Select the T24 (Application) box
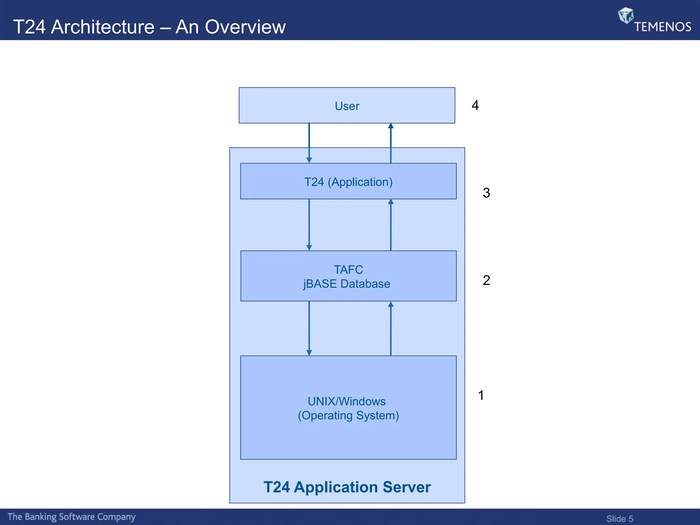[348, 182]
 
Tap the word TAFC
[348, 270]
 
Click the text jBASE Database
[347, 284]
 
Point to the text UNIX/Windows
[347, 401]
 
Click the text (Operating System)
[348, 416]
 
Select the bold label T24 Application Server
[347, 487]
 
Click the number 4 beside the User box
[475, 105]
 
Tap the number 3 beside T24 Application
[486, 193]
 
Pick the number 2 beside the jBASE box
[486, 280]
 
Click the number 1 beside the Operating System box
[481, 395]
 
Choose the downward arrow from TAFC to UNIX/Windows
[309, 328]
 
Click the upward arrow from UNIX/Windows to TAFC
[391, 328]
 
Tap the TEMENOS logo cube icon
[625, 15]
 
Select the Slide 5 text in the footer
[619, 519]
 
